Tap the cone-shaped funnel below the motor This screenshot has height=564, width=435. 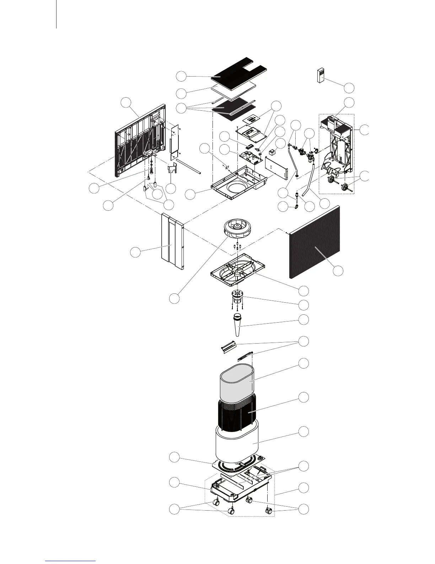coord(237,324)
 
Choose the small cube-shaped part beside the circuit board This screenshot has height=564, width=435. coord(273,152)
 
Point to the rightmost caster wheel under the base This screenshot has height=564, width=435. coord(269,511)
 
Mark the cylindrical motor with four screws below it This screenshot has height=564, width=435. coord(237,296)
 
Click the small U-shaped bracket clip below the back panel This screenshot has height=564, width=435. coord(172,170)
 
